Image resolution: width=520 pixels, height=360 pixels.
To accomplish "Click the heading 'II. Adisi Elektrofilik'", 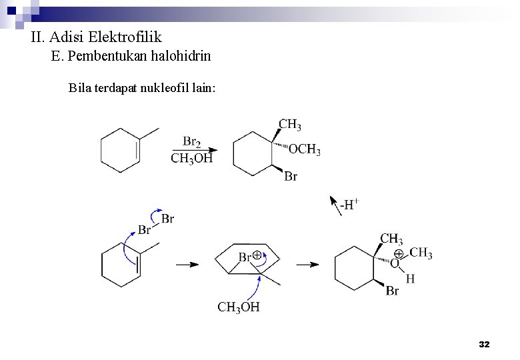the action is pos(97,37).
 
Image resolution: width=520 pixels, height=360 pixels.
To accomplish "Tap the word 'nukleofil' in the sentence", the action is pos(165,88).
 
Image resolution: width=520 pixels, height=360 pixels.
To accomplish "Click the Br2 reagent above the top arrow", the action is pos(191,141).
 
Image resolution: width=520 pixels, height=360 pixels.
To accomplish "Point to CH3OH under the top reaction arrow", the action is pos(192,159).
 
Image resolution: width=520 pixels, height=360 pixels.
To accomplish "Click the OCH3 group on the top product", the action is pos(305,149).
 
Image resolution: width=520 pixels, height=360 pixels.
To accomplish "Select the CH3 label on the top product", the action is pos(289,124).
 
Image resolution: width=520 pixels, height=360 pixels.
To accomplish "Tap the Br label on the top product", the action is pos(291,177).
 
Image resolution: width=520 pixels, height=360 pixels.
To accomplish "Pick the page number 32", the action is pos(485,344).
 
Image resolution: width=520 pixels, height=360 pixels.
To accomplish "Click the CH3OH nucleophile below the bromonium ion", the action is pos(239,307).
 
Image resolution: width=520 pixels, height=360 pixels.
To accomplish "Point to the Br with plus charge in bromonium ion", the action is pos(249,257).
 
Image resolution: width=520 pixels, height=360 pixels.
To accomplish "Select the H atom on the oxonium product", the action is pos(410,279).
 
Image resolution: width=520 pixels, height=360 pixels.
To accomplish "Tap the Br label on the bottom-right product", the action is pos(392,291).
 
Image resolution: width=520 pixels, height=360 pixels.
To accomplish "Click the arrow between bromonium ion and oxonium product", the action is pos(307,265).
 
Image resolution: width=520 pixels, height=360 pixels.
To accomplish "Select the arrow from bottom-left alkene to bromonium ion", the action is pos(187,265).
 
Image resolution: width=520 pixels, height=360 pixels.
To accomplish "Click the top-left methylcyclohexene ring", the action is pos(120,150).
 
